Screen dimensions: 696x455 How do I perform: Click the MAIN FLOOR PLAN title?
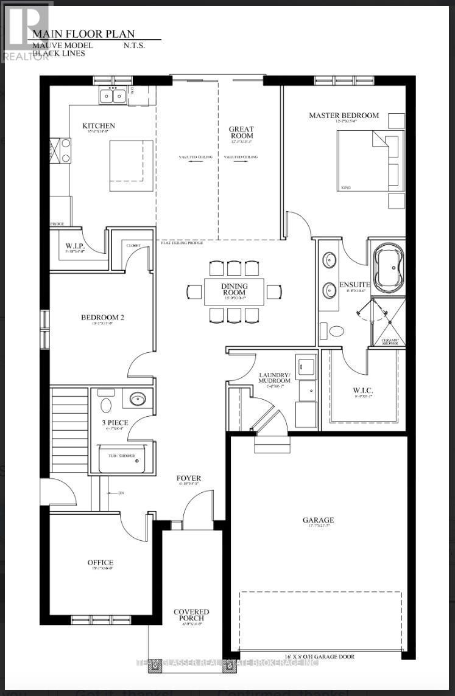[x=83, y=34]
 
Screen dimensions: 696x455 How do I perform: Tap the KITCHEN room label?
[x=99, y=126]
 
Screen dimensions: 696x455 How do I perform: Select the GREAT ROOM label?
[x=241, y=132]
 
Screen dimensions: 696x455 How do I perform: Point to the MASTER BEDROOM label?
[x=344, y=115]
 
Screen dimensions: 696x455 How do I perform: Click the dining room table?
[x=235, y=292]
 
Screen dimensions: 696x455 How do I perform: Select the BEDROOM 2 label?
[x=102, y=317]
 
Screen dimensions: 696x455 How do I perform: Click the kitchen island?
[x=131, y=165]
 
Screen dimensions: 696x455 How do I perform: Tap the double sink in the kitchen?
[x=113, y=96]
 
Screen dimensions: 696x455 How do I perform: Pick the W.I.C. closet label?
[x=362, y=391]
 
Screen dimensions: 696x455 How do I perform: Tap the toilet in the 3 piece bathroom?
[x=106, y=405]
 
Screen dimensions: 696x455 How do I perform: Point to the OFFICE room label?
[x=100, y=563]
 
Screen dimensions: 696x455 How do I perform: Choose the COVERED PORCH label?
[x=191, y=615]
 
